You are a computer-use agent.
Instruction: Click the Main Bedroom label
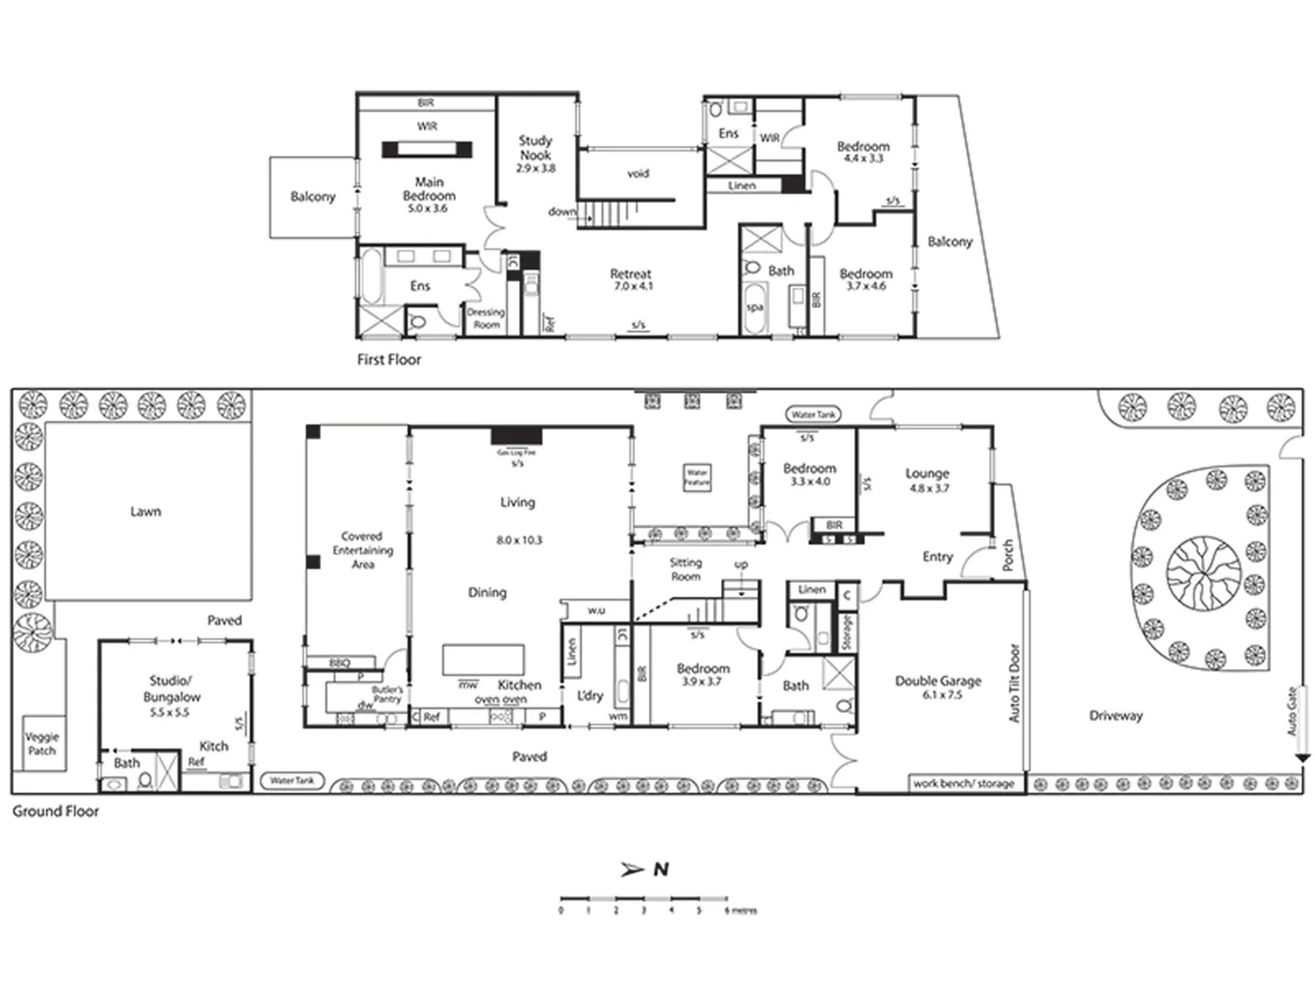[428, 189]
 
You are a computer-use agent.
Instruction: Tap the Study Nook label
[535, 148]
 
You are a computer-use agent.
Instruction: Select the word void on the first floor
[637, 173]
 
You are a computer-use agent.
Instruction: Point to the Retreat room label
[630, 274]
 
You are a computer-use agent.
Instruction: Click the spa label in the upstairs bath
[754, 307]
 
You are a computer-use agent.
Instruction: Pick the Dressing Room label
[486, 318]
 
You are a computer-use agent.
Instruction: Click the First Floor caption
[389, 360]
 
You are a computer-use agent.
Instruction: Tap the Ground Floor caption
[56, 811]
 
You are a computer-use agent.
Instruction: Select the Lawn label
[145, 512]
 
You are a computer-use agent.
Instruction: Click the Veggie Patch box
[42, 743]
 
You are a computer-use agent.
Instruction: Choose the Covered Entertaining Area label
[363, 550]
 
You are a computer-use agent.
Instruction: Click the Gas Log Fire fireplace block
[517, 436]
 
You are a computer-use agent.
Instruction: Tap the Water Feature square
[697, 477]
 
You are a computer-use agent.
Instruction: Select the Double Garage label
[938, 681]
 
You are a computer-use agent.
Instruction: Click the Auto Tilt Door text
[1014, 684]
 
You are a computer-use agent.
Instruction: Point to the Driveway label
[1115, 716]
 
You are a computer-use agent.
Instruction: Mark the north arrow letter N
[660, 869]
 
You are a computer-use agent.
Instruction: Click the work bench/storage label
[963, 783]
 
